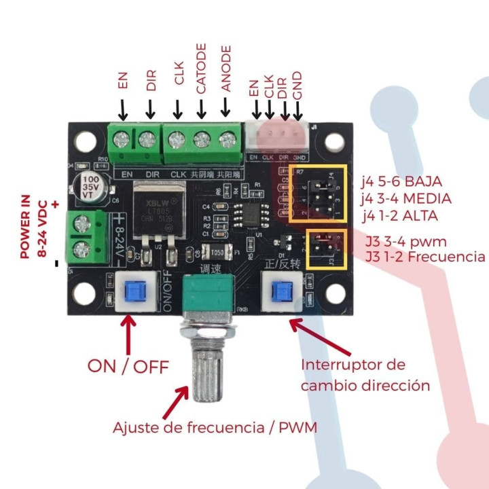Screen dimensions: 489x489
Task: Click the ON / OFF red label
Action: [x=128, y=366]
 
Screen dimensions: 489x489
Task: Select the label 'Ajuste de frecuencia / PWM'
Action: [x=215, y=428]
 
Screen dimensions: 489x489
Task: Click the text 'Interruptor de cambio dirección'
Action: [x=365, y=375]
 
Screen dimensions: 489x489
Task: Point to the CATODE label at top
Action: [x=201, y=69]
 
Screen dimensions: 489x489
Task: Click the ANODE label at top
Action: [x=227, y=69]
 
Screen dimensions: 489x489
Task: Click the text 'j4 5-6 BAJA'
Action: [x=402, y=182]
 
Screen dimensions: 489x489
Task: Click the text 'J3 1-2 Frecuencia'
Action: [x=425, y=257]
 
